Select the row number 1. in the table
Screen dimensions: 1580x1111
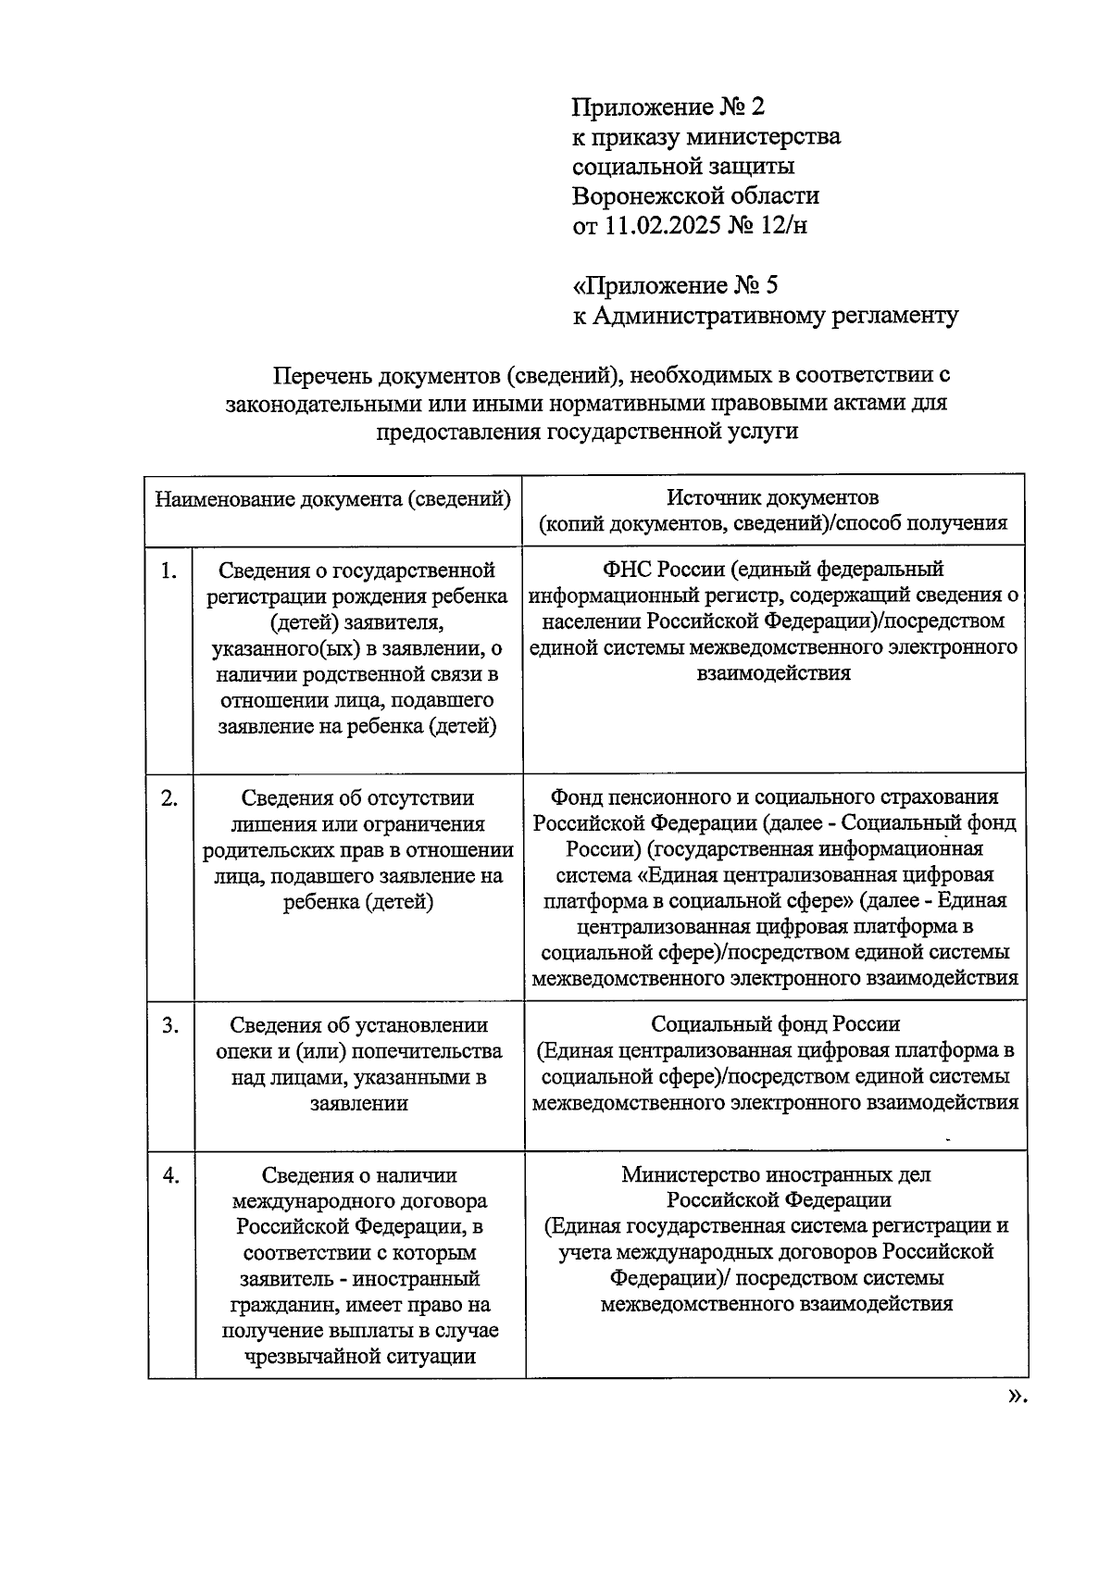pos(169,571)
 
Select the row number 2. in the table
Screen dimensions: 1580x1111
pos(169,798)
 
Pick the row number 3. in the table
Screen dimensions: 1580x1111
pos(170,1025)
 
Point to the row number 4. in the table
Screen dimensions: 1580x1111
pos(170,1175)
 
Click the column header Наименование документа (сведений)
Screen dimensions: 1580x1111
pos(332,500)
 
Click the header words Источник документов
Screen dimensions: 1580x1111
pos(773,497)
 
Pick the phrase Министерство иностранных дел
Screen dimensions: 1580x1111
pos(776,1174)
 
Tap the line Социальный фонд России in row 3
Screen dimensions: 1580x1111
pos(775,1024)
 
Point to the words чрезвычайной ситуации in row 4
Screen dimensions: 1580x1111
pos(359,1357)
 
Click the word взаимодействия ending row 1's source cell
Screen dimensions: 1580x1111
pos(773,673)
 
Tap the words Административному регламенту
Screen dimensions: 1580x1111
pos(775,316)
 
